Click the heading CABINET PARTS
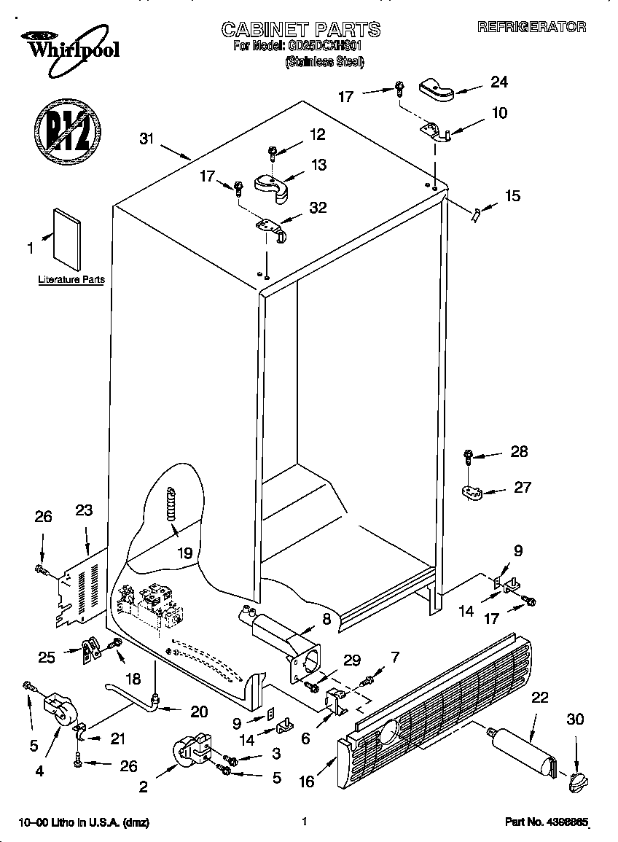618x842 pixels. [x=300, y=29]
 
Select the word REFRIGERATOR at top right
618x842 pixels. [x=531, y=27]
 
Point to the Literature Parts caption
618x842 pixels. [x=71, y=279]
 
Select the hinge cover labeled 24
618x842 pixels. [x=436, y=91]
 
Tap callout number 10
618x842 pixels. [x=499, y=113]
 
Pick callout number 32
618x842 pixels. [x=318, y=208]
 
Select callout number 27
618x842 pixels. [x=523, y=487]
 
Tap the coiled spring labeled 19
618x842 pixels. [x=172, y=504]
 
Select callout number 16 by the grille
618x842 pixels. [x=306, y=781]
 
